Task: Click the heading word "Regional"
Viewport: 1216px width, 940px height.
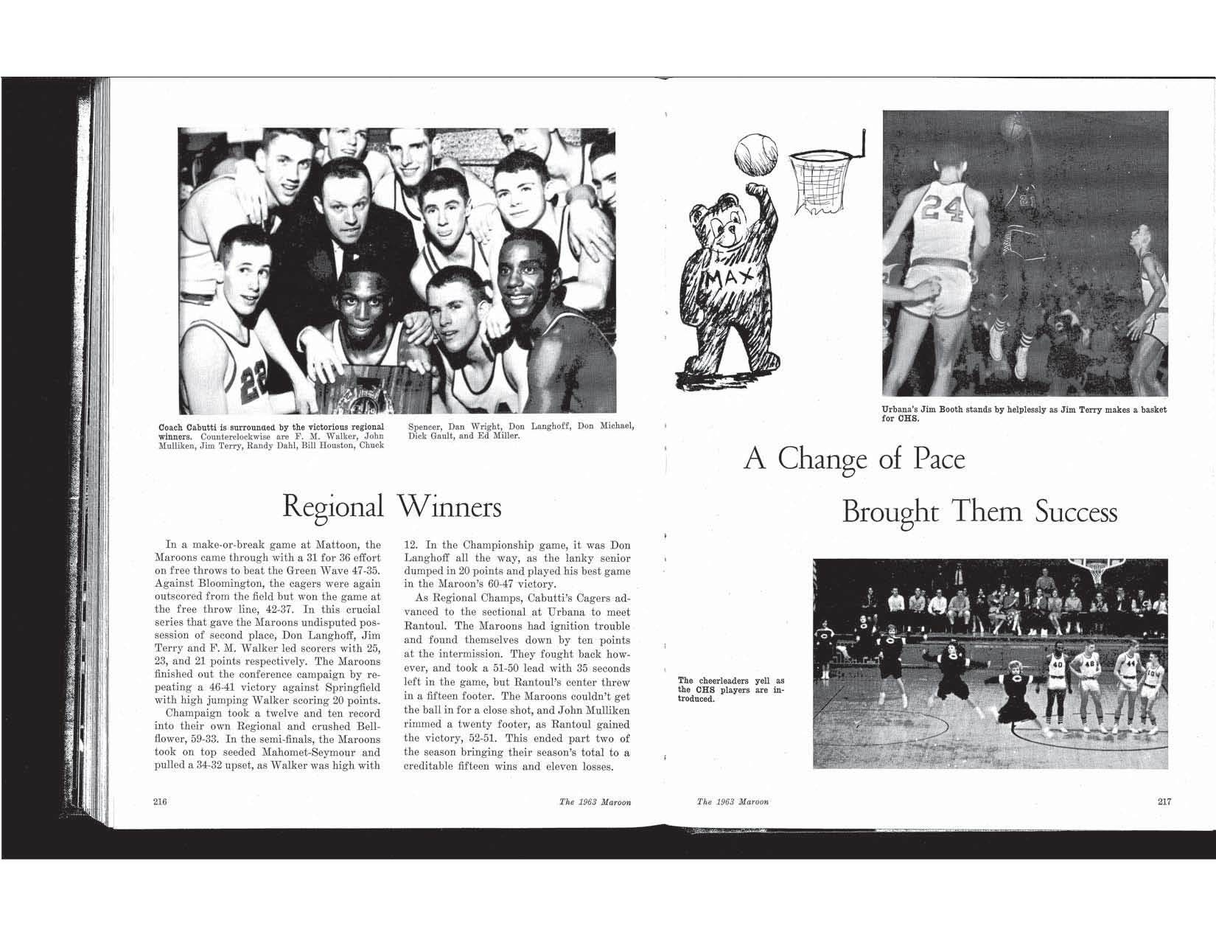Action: click(x=333, y=507)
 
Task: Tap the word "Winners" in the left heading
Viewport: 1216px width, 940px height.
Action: click(x=449, y=507)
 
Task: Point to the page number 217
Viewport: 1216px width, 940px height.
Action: click(x=1164, y=802)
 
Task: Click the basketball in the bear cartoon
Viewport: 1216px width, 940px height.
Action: click(x=753, y=153)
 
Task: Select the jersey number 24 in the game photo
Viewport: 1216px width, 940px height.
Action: click(x=943, y=209)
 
